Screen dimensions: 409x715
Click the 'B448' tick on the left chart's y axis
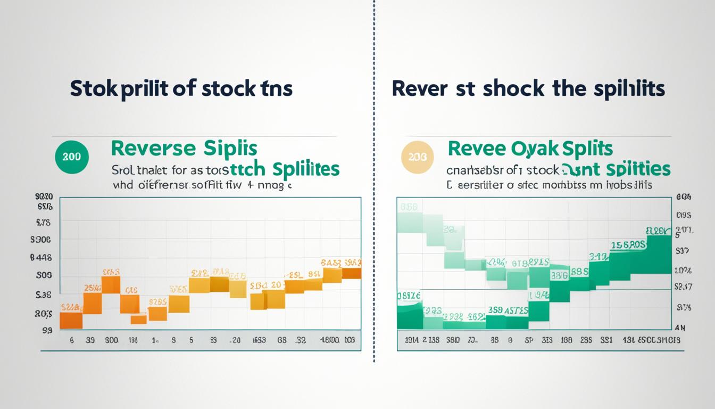43,258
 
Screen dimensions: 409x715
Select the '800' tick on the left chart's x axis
111,340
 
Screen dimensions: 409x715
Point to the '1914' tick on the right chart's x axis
408,340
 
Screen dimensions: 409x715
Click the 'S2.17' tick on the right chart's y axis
683,287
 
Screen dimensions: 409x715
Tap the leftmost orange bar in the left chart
71,321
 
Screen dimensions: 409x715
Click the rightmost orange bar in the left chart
351,273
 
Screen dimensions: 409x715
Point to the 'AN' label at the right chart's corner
680,328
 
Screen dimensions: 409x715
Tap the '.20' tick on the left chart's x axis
235,340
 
